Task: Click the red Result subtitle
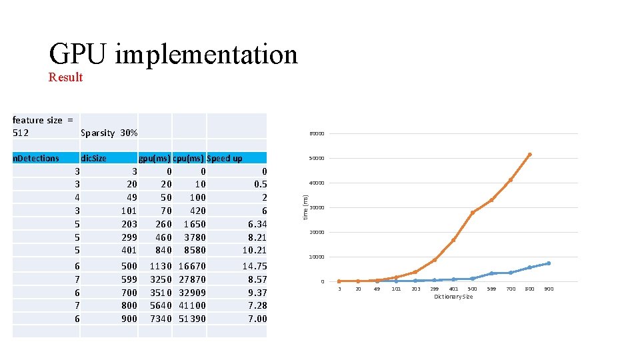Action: (65, 77)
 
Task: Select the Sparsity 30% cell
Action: (109, 133)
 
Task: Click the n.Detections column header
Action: (36, 158)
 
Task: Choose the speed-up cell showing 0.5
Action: (260, 184)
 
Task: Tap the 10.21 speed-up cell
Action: (254, 250)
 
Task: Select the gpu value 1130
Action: (159, 266)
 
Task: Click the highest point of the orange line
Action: (529, 155)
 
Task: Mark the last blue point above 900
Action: (549, 263)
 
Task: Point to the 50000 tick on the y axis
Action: (316, 159)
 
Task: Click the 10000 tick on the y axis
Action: (316, 257)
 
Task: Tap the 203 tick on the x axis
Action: (415, 289)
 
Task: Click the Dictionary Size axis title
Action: (453, 297)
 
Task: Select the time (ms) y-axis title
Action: (305, 207)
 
